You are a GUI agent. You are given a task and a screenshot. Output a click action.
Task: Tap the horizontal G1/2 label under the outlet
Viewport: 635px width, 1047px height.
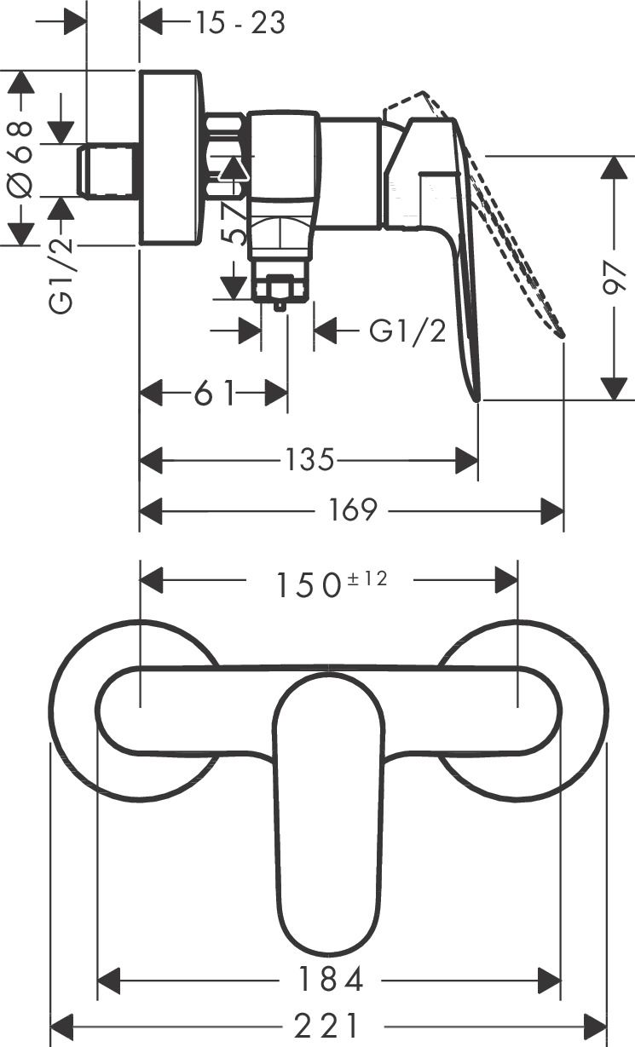point(407,331)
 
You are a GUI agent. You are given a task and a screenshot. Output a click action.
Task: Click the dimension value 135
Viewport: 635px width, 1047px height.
point(308,461)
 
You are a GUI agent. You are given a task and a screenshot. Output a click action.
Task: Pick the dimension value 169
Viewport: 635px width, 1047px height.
point(353,511)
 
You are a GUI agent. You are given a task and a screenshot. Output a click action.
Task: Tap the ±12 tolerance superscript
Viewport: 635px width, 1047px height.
point(367,578)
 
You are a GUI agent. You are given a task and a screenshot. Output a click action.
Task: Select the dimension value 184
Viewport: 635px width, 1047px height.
point(329,979)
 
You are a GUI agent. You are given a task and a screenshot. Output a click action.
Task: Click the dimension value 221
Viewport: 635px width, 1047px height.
point(329,1025)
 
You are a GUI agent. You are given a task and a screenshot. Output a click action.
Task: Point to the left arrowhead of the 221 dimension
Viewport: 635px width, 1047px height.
point(63,1025)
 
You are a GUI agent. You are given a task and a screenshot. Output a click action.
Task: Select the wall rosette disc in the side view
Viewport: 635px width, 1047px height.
point(171,158)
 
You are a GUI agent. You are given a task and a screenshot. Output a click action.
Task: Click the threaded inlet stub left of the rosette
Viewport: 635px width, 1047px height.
point(108,170)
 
